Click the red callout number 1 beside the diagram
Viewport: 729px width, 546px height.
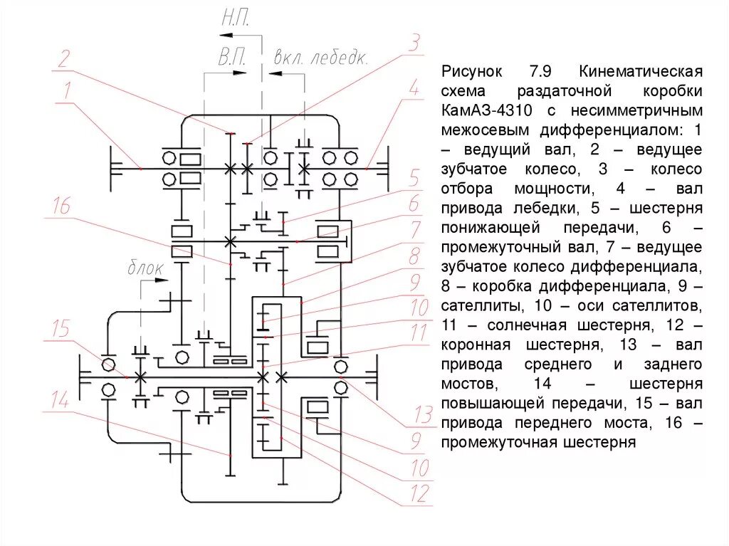coord(67,91)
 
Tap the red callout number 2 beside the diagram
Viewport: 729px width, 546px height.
coord(64,58)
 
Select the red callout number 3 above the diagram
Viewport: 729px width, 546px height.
coord(414,43)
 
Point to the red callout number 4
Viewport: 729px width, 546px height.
coord(413,90)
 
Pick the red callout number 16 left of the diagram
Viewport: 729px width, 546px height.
coord(61,207)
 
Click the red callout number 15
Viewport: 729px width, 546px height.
coord(62,329)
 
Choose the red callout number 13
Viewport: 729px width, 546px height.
coord(423,414)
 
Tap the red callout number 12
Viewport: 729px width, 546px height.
coord(421,493)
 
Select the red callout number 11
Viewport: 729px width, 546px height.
coord(419,334)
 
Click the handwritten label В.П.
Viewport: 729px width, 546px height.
coord(232,58)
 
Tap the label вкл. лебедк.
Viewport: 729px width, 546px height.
coord(320,58)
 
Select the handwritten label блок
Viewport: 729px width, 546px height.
coord(145,269)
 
